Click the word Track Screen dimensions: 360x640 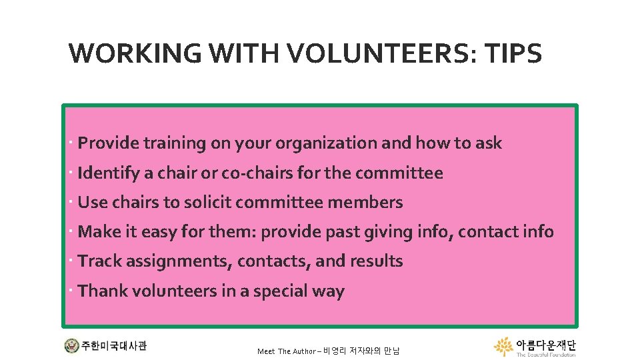point(99,261)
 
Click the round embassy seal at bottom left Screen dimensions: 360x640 point(71,346)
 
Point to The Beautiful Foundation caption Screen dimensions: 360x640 point(546,355)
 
